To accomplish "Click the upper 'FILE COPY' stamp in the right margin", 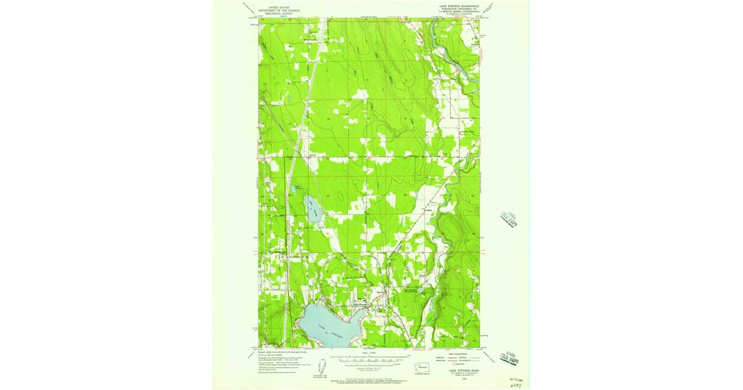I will (x=508, y=219).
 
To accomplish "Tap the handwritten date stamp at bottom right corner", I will (x=513, y=379).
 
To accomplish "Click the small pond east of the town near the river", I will (x=420, y=290).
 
